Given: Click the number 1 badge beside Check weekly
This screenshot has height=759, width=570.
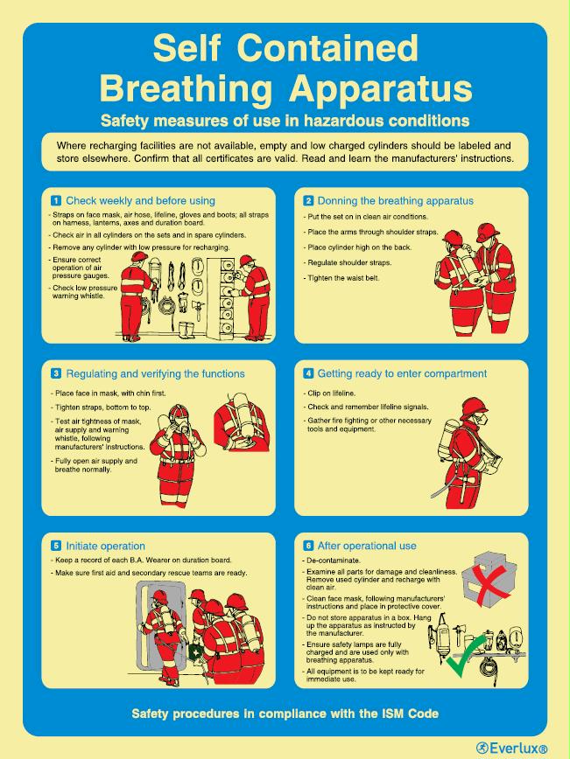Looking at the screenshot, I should [x=56, y=200].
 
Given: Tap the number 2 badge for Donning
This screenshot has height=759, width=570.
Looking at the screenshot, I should [x=308, y=200].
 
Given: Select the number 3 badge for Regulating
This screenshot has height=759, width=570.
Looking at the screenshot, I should [x=56, y=373].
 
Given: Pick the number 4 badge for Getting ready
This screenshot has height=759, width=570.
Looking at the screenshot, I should [x=308, y=373].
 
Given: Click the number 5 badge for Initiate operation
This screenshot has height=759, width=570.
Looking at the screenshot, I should [x=56, y=546].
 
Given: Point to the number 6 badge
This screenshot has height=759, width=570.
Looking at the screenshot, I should [x=308, y=546].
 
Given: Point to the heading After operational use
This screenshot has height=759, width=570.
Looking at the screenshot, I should [x=367, y=546].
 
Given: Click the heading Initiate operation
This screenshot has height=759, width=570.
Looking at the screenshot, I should [x=106, y=546].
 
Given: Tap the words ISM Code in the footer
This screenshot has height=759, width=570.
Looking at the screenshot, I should [x=406, y=714].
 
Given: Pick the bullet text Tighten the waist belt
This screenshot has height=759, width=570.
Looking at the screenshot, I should [x=341, y=277].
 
